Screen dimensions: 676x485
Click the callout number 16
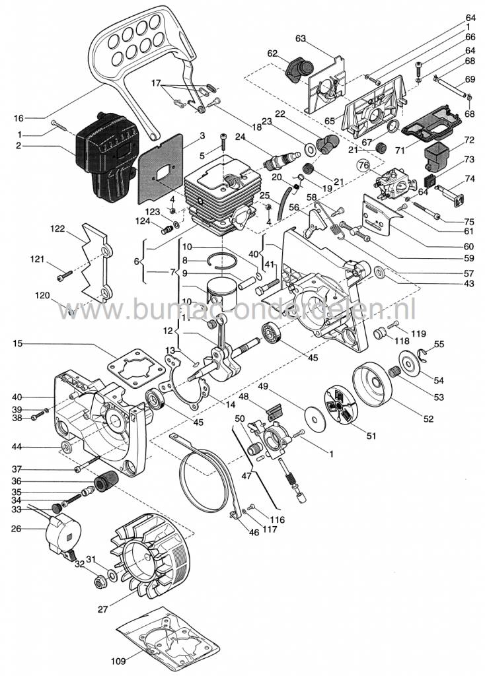(19, 118)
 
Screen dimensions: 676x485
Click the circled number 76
(363, 165)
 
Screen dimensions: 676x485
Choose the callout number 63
(301, 39)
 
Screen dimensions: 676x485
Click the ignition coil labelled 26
(60, 535)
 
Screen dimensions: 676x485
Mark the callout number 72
(470, 141)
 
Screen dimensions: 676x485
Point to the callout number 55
(439, 345)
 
